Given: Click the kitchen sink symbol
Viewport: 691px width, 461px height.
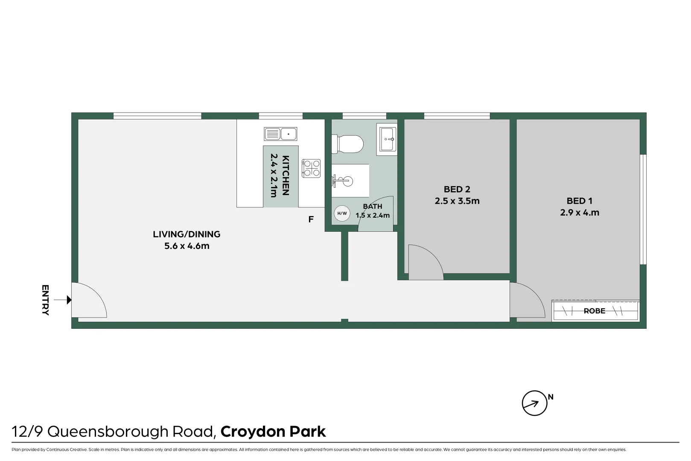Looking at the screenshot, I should coord(280,134).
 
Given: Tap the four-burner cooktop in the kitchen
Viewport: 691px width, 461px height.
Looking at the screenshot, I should coord(311,168).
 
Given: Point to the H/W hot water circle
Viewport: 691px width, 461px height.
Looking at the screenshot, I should coord(342,213).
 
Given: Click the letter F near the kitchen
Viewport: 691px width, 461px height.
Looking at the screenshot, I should coord(311,219).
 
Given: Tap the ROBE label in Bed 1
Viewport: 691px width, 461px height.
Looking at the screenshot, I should coord(594,311).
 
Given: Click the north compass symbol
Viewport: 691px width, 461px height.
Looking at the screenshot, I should coord(534,403).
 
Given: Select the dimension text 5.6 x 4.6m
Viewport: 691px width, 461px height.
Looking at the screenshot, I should coord(187,246).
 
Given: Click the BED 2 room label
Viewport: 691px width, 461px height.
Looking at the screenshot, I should coord(457,189).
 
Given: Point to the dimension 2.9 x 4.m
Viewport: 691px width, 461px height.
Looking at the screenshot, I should coord(580,213).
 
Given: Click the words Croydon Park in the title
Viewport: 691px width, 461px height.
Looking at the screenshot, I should coord(273,432).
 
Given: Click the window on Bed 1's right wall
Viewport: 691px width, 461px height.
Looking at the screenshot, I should coord(644,209).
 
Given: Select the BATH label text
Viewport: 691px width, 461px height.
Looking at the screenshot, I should coord(372,206).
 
